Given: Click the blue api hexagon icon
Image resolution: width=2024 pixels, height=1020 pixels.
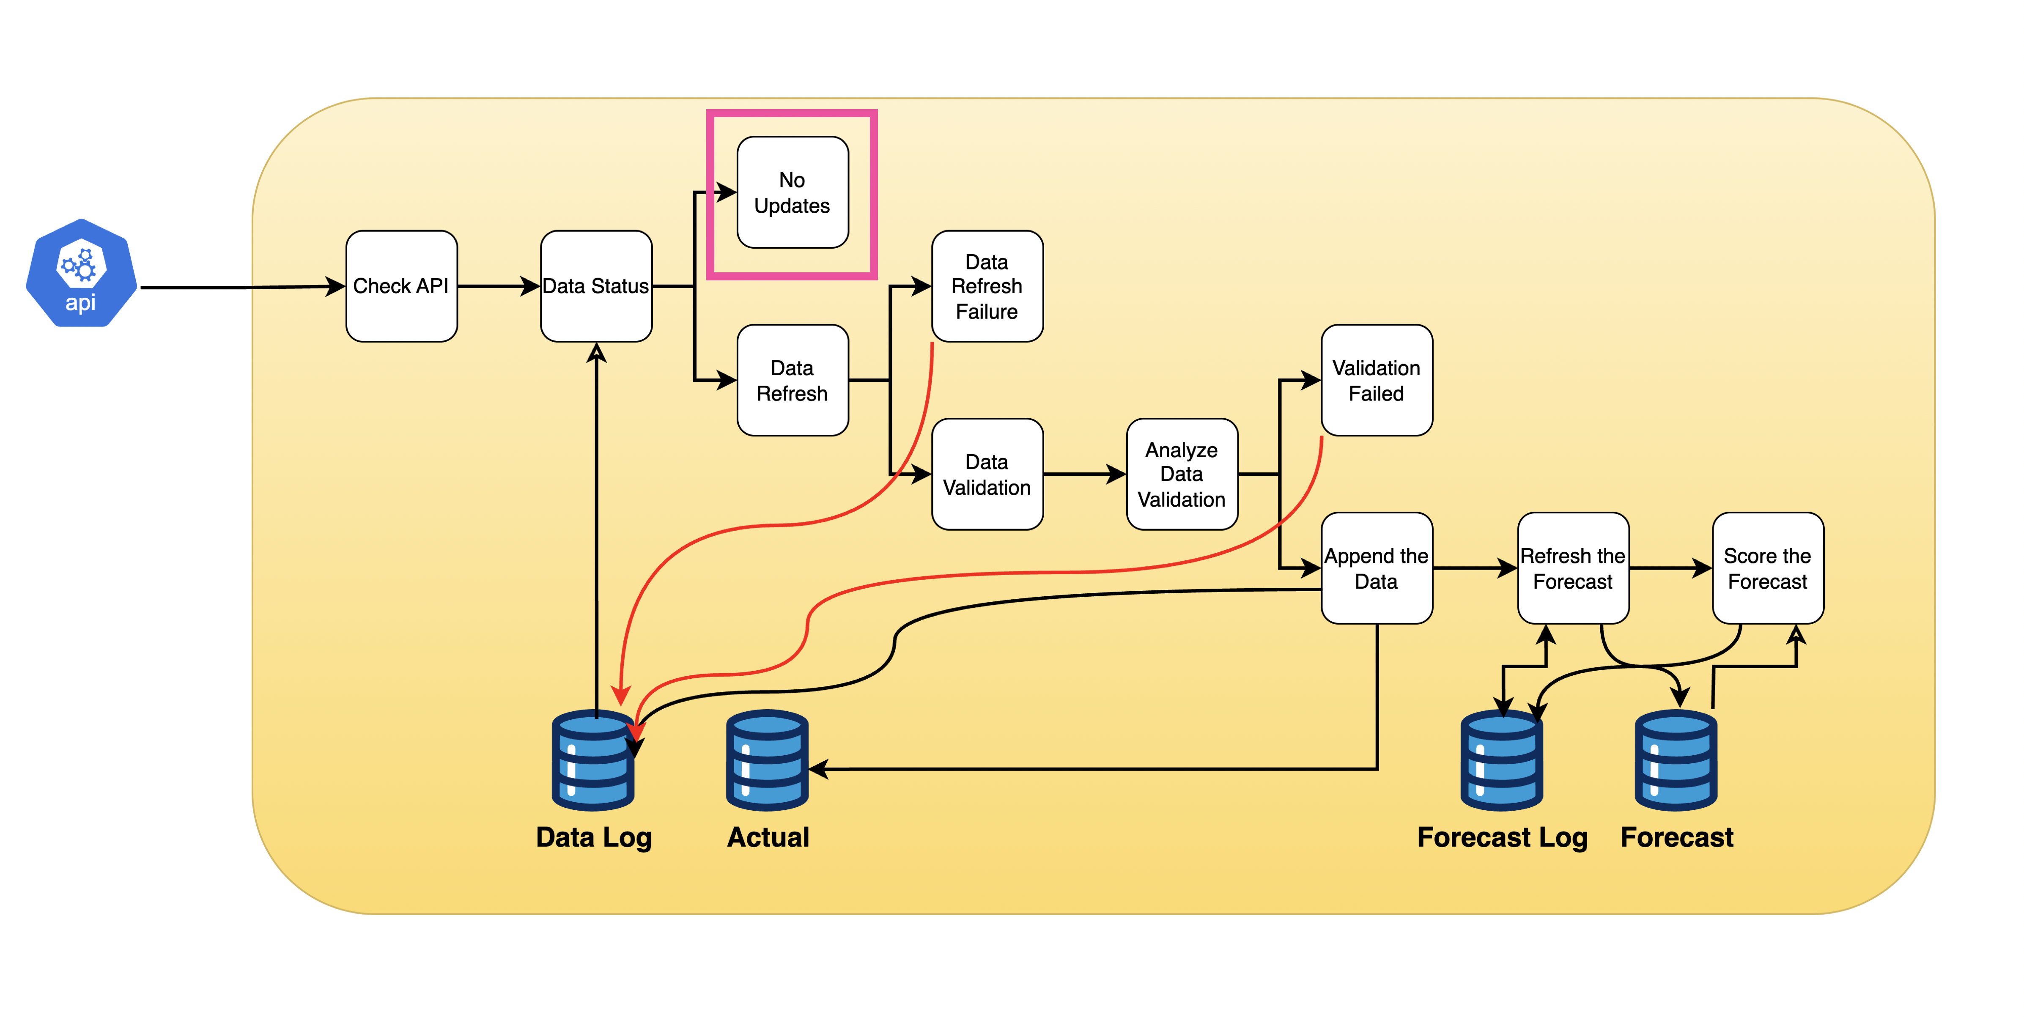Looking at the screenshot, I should [x=81, y=274].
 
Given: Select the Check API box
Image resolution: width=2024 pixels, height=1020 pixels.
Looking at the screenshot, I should [x=401, y=286].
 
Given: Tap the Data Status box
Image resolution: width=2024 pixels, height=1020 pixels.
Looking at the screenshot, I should [x=595, y=286].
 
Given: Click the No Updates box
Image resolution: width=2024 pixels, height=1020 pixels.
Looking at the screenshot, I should [x=792, y=192].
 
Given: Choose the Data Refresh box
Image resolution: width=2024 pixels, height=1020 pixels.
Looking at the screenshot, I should [x=792, y=380].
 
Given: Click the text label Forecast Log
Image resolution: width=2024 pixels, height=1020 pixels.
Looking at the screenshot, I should [x=1501, y=837].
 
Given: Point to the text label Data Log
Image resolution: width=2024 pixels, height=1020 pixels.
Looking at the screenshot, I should [x=593, y=837].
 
